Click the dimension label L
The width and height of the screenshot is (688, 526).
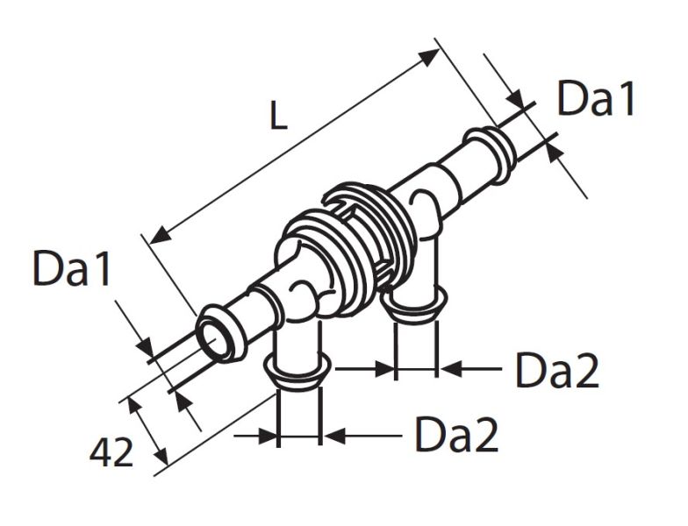tap(278, 116)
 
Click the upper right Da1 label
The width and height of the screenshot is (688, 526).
tap(595, 98)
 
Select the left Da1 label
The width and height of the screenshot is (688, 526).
tap(71, 268)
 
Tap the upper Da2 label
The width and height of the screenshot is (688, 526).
tap(557, 370)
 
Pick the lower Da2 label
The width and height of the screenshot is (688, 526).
tap(456, 435)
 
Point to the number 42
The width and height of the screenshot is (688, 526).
tap(111, 453)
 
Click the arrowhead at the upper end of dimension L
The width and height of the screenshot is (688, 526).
tap(428, 57)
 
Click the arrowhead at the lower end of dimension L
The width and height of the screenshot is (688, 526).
tap(160, 235)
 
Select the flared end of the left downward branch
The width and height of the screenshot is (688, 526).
tap(297, 372)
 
